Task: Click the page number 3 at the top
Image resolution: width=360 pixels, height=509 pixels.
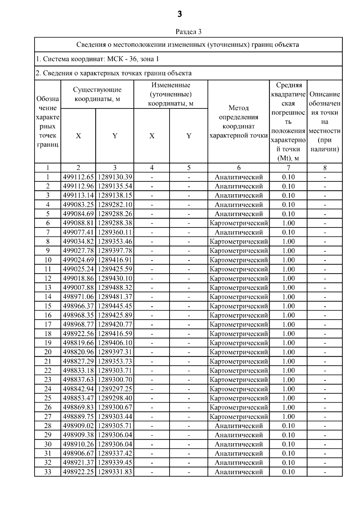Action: pos(180,14)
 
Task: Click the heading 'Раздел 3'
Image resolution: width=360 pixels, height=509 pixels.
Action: pos(188,31)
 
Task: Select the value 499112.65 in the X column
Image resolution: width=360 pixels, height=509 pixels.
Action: pos(78,177)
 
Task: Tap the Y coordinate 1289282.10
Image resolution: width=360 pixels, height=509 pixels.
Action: pos(115,205)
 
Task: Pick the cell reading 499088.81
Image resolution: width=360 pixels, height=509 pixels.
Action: pos(78,223)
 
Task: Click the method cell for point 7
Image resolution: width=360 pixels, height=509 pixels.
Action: pos(238,232)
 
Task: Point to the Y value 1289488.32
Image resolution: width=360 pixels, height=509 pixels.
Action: pos(115,287)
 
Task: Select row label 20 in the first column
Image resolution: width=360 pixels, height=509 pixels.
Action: pos(48,352)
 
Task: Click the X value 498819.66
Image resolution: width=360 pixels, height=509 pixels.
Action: pos(78,343)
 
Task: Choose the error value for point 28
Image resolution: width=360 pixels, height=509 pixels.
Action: pos(288,426)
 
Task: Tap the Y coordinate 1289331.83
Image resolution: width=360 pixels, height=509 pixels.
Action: pos(115,472)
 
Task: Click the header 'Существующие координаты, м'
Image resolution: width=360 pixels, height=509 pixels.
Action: pos(97,94)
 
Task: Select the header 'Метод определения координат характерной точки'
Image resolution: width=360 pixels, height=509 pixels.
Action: pos(238,121)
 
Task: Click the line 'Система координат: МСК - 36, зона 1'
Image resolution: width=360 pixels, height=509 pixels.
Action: pos(97,59)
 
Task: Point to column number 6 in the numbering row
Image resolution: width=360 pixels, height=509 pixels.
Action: pos(238,168)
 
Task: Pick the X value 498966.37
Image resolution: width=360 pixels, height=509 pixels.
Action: pos(78,306)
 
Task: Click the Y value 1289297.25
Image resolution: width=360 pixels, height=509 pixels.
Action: pos(115,389)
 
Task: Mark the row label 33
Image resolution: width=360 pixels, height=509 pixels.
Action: pos(48,472)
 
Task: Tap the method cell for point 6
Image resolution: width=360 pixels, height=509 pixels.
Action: pos(238,223)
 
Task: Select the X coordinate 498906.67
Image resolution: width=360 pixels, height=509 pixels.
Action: pos(78,453)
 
